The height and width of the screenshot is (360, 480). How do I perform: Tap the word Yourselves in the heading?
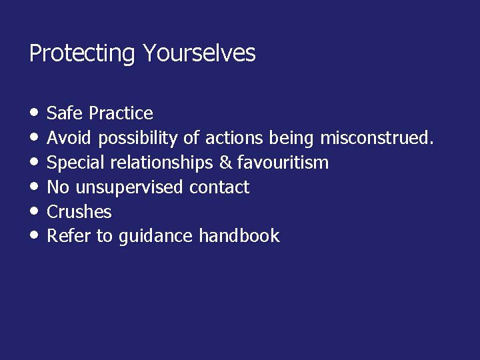[x=199, y=53]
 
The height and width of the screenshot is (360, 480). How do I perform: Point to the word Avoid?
[x=70, y=138]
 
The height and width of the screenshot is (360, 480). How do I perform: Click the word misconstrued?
[x=377, y=138]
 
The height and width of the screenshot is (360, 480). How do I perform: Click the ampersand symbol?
[x=225, y=163]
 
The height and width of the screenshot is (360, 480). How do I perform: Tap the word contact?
[x=219, y=187]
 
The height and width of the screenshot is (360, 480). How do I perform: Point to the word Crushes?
[x=79, y=212]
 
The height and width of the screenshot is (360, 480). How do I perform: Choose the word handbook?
[x=239, y=236]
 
